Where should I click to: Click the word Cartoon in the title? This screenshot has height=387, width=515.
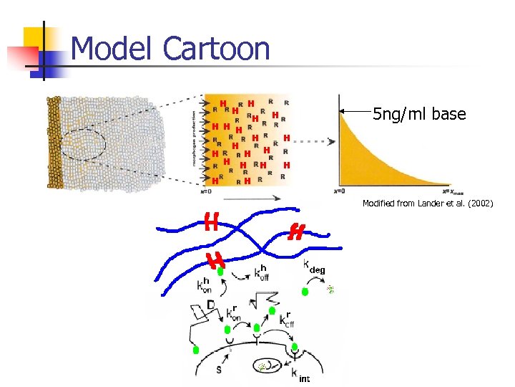click(216, 49)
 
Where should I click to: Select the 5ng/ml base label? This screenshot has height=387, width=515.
click(419, 114)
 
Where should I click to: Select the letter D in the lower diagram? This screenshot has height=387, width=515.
click(211, 306)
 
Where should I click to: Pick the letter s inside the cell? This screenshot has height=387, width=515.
click(219, 370)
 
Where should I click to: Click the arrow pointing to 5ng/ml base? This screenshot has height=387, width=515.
click(355, 111)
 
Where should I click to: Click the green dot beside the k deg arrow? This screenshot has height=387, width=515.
click(305, 292)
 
